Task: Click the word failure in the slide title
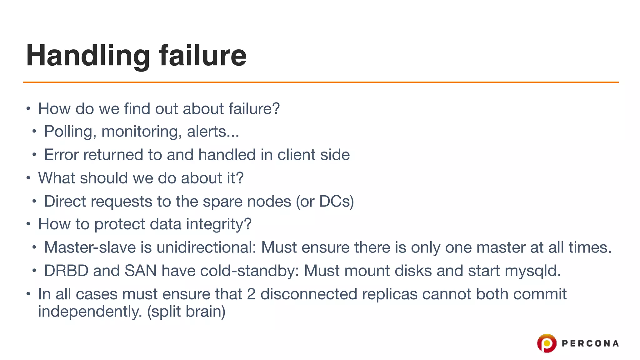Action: pos(203,56)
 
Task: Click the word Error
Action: pos(61,155)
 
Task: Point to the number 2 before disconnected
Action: pos(251,294)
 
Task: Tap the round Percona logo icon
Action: pos(547,343)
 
